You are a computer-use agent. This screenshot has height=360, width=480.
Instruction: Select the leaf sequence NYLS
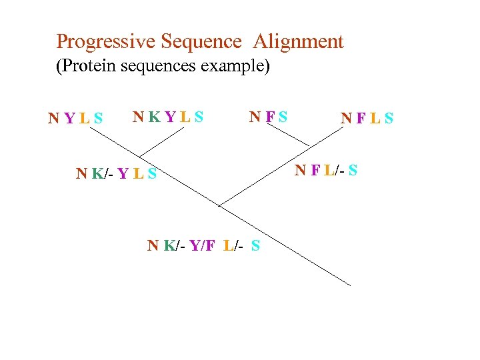[x=75, y=119]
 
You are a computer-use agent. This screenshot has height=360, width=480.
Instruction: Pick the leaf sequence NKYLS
[x=168, y=117]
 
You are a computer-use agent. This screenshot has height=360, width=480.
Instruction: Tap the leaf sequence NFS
[x=268, y=117]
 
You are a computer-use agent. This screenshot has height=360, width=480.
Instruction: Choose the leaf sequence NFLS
[x=367, y=119]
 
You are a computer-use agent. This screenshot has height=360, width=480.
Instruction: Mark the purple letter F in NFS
[x=270, y=117]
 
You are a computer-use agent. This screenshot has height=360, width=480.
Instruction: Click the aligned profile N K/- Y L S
[x=116, y=174]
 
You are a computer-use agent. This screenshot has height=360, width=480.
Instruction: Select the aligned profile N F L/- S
[x=326, y=170]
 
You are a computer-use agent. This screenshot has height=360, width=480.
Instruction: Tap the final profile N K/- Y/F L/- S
[x=203, y=245]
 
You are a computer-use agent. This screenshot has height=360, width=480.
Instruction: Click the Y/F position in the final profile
[x=202, y=245]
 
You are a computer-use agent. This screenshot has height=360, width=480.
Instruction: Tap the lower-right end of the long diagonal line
[x=350, y=285]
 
